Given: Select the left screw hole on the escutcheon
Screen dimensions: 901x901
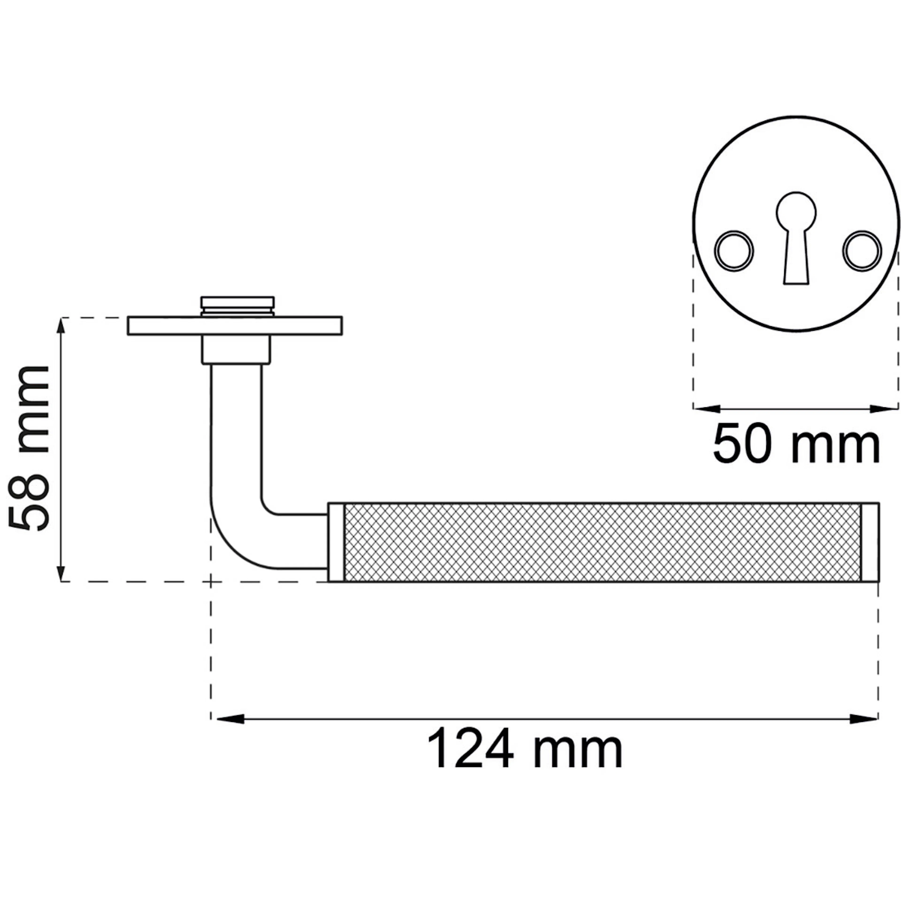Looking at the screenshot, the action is tap(734, 250).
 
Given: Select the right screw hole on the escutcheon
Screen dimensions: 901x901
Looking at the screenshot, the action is tap(862, 250).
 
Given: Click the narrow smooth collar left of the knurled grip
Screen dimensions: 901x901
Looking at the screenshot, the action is tap(336, 542).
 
